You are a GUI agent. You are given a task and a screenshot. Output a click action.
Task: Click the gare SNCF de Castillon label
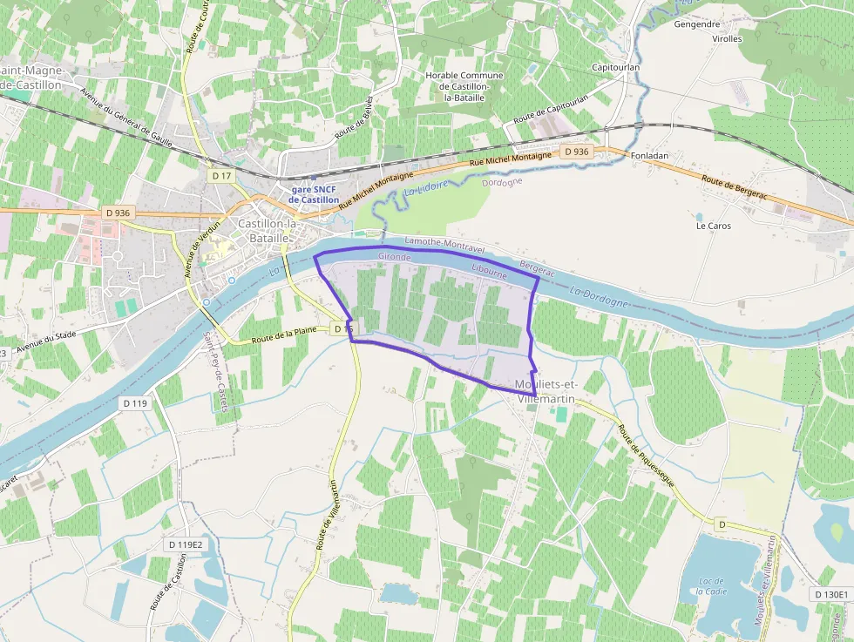tap(314, 194)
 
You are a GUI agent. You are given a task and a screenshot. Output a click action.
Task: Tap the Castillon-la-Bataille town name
tap(268, 229)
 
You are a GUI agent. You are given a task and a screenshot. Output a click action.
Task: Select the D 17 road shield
tap(222, 176)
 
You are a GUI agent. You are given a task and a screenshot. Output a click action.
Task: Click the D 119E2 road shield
tap(185, 544)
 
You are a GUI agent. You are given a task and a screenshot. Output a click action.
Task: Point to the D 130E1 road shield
tap(830, 594)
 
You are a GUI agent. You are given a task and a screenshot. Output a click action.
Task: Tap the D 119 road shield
tap(135, 403)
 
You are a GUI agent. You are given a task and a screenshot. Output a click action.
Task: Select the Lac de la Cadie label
tap(712, 585)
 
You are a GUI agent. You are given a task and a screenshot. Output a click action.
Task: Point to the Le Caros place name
tap(713, 226)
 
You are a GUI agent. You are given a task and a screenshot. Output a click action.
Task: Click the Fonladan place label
tap(649, 155)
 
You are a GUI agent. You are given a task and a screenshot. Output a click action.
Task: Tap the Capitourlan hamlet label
tap(616, 67)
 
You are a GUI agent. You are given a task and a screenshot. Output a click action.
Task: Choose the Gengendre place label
tap(697, 24)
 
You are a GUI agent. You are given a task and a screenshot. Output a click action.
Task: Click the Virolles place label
tap(727, 38)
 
